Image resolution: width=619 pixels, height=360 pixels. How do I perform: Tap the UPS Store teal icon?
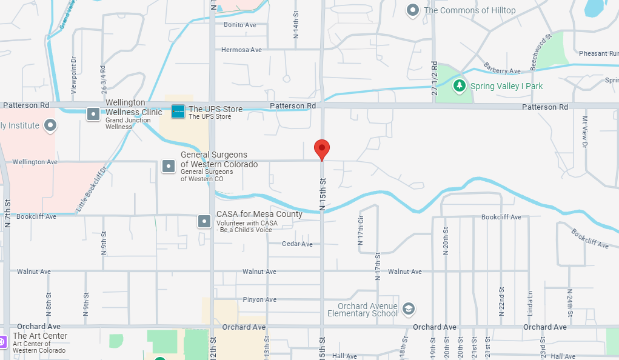point(178,112)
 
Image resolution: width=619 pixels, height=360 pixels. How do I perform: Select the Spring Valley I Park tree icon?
point(460,85)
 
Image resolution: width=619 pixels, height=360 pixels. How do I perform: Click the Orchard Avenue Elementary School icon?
point(409,308)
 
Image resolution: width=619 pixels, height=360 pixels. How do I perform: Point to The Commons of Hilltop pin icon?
point(413,10)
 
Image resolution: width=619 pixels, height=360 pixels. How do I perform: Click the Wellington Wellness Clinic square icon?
point(93,113)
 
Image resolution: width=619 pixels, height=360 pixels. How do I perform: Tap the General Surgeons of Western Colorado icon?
point(168,165)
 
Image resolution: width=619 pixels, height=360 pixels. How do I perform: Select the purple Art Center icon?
point(2,341)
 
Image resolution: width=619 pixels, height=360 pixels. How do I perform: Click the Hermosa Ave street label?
point(241,50)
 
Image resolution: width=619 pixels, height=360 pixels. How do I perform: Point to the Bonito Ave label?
point(240,25)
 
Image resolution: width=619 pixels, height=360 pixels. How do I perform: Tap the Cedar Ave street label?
point(297,244)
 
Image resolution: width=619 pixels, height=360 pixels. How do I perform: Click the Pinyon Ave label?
point(259,299)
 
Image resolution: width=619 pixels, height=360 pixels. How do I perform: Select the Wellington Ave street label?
point(35,162)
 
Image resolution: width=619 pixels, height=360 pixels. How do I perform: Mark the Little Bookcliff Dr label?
point(91,188)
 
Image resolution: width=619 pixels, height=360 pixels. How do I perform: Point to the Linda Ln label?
point(529,302)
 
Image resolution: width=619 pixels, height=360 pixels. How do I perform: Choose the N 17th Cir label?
point(361,230)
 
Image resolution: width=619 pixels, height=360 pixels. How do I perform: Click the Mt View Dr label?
point(585,132)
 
